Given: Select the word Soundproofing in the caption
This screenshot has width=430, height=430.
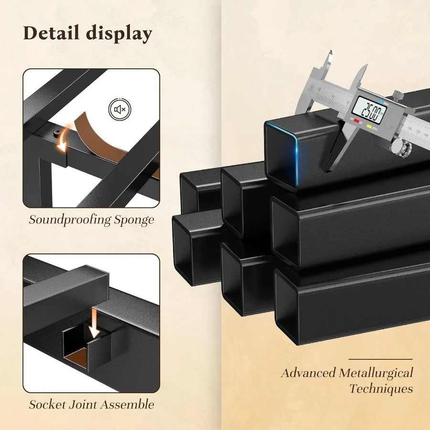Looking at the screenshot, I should coord(70,220).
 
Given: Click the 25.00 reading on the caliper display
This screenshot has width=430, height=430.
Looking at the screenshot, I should coord(368,113).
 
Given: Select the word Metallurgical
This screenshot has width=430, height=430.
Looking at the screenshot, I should coord(376,373).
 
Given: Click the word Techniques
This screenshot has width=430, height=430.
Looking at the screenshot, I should coord(381,388).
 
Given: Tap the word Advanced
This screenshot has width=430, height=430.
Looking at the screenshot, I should coord(308,373).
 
